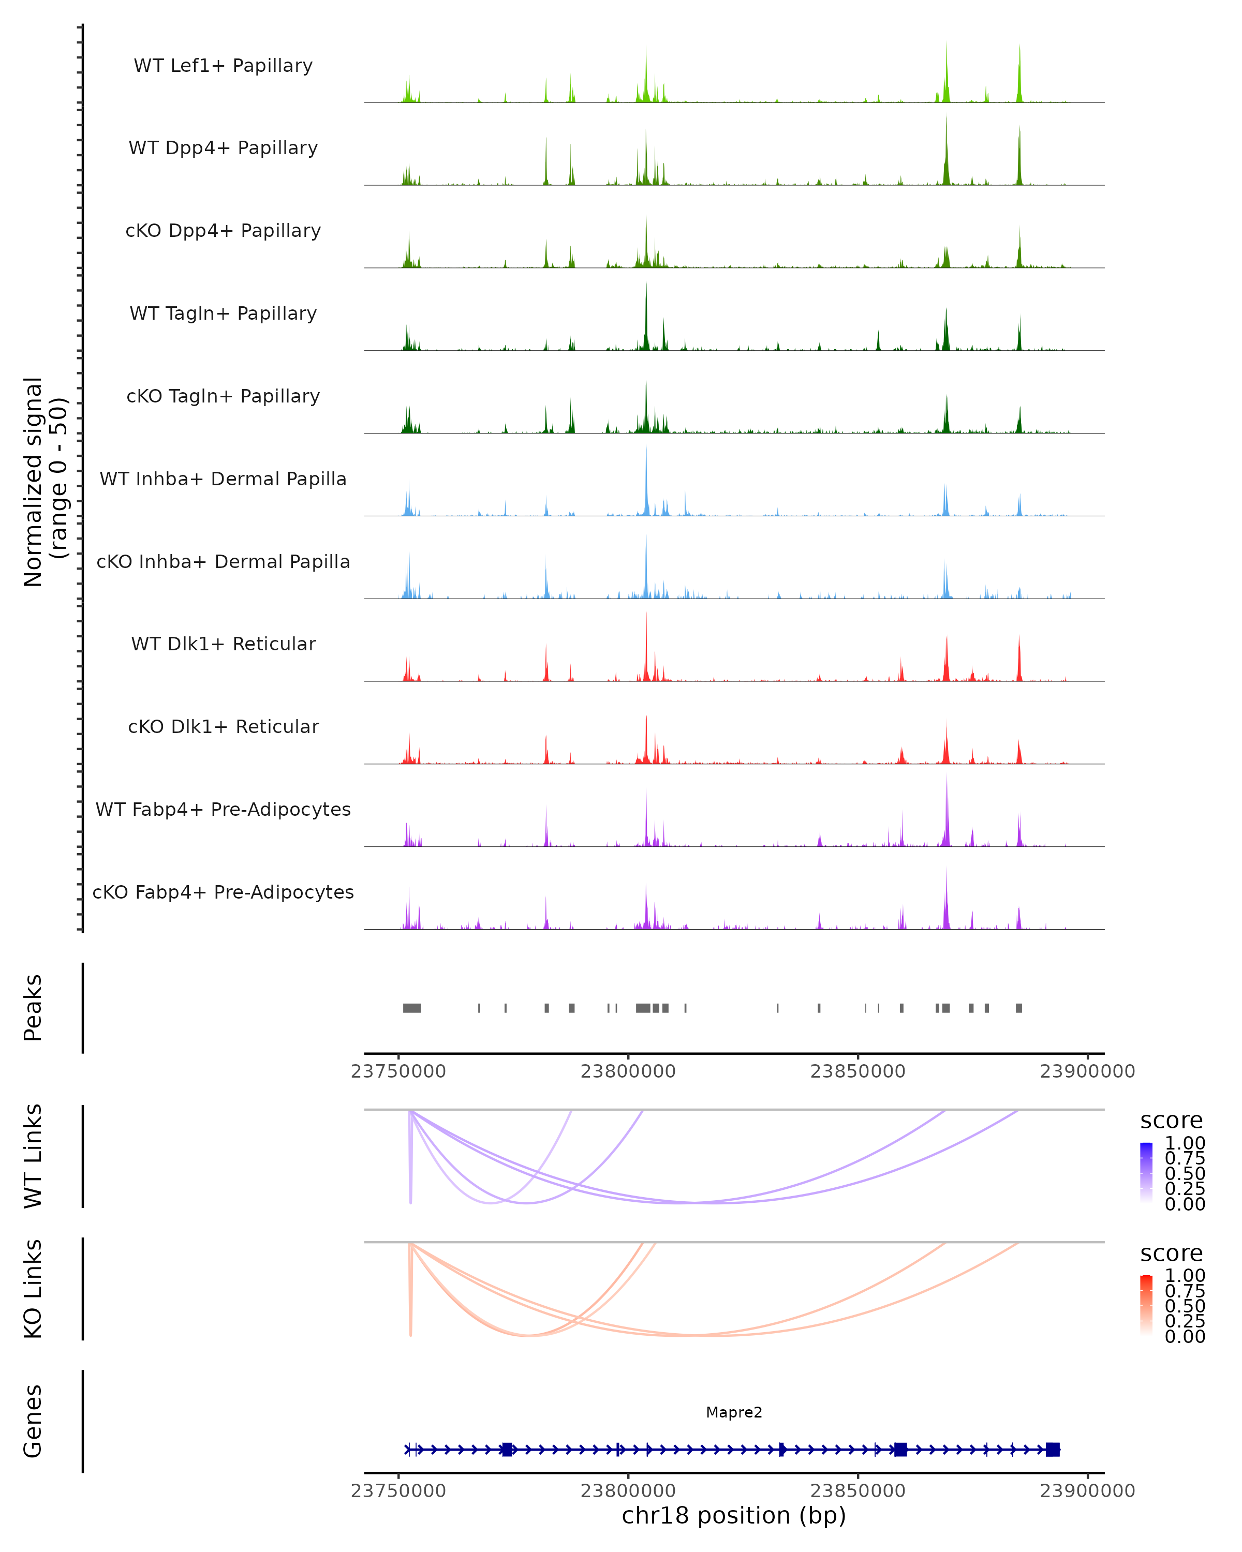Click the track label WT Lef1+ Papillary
[223, 66]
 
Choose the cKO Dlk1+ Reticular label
[223, 726]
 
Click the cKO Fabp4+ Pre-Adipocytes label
[223, 892]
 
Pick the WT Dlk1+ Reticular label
[223, 644]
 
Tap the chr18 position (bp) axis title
[734, 1515]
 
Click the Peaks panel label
[33, 1008]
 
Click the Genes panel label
[33, 1421]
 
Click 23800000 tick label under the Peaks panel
[628, 1071]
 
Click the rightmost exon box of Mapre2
[1053, 1449]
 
